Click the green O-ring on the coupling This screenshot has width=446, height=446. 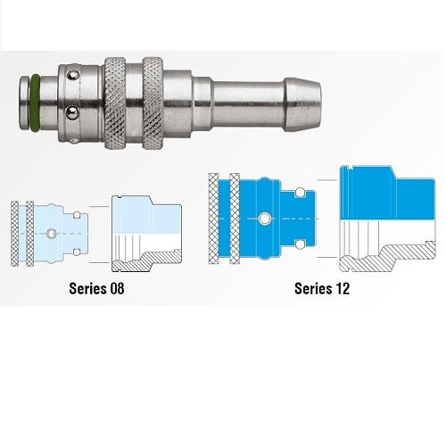click(35, 103)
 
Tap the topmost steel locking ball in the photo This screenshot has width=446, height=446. click(73, 76)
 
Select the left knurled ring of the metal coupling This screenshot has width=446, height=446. click(114, 103)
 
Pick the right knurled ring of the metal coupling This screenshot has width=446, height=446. click(153, 103)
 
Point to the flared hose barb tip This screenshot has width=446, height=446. click(302, 104)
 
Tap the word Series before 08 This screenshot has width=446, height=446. click(87, 288)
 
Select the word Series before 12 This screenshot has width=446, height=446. click(313, 288)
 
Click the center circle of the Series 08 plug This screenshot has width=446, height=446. click(52, 234)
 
